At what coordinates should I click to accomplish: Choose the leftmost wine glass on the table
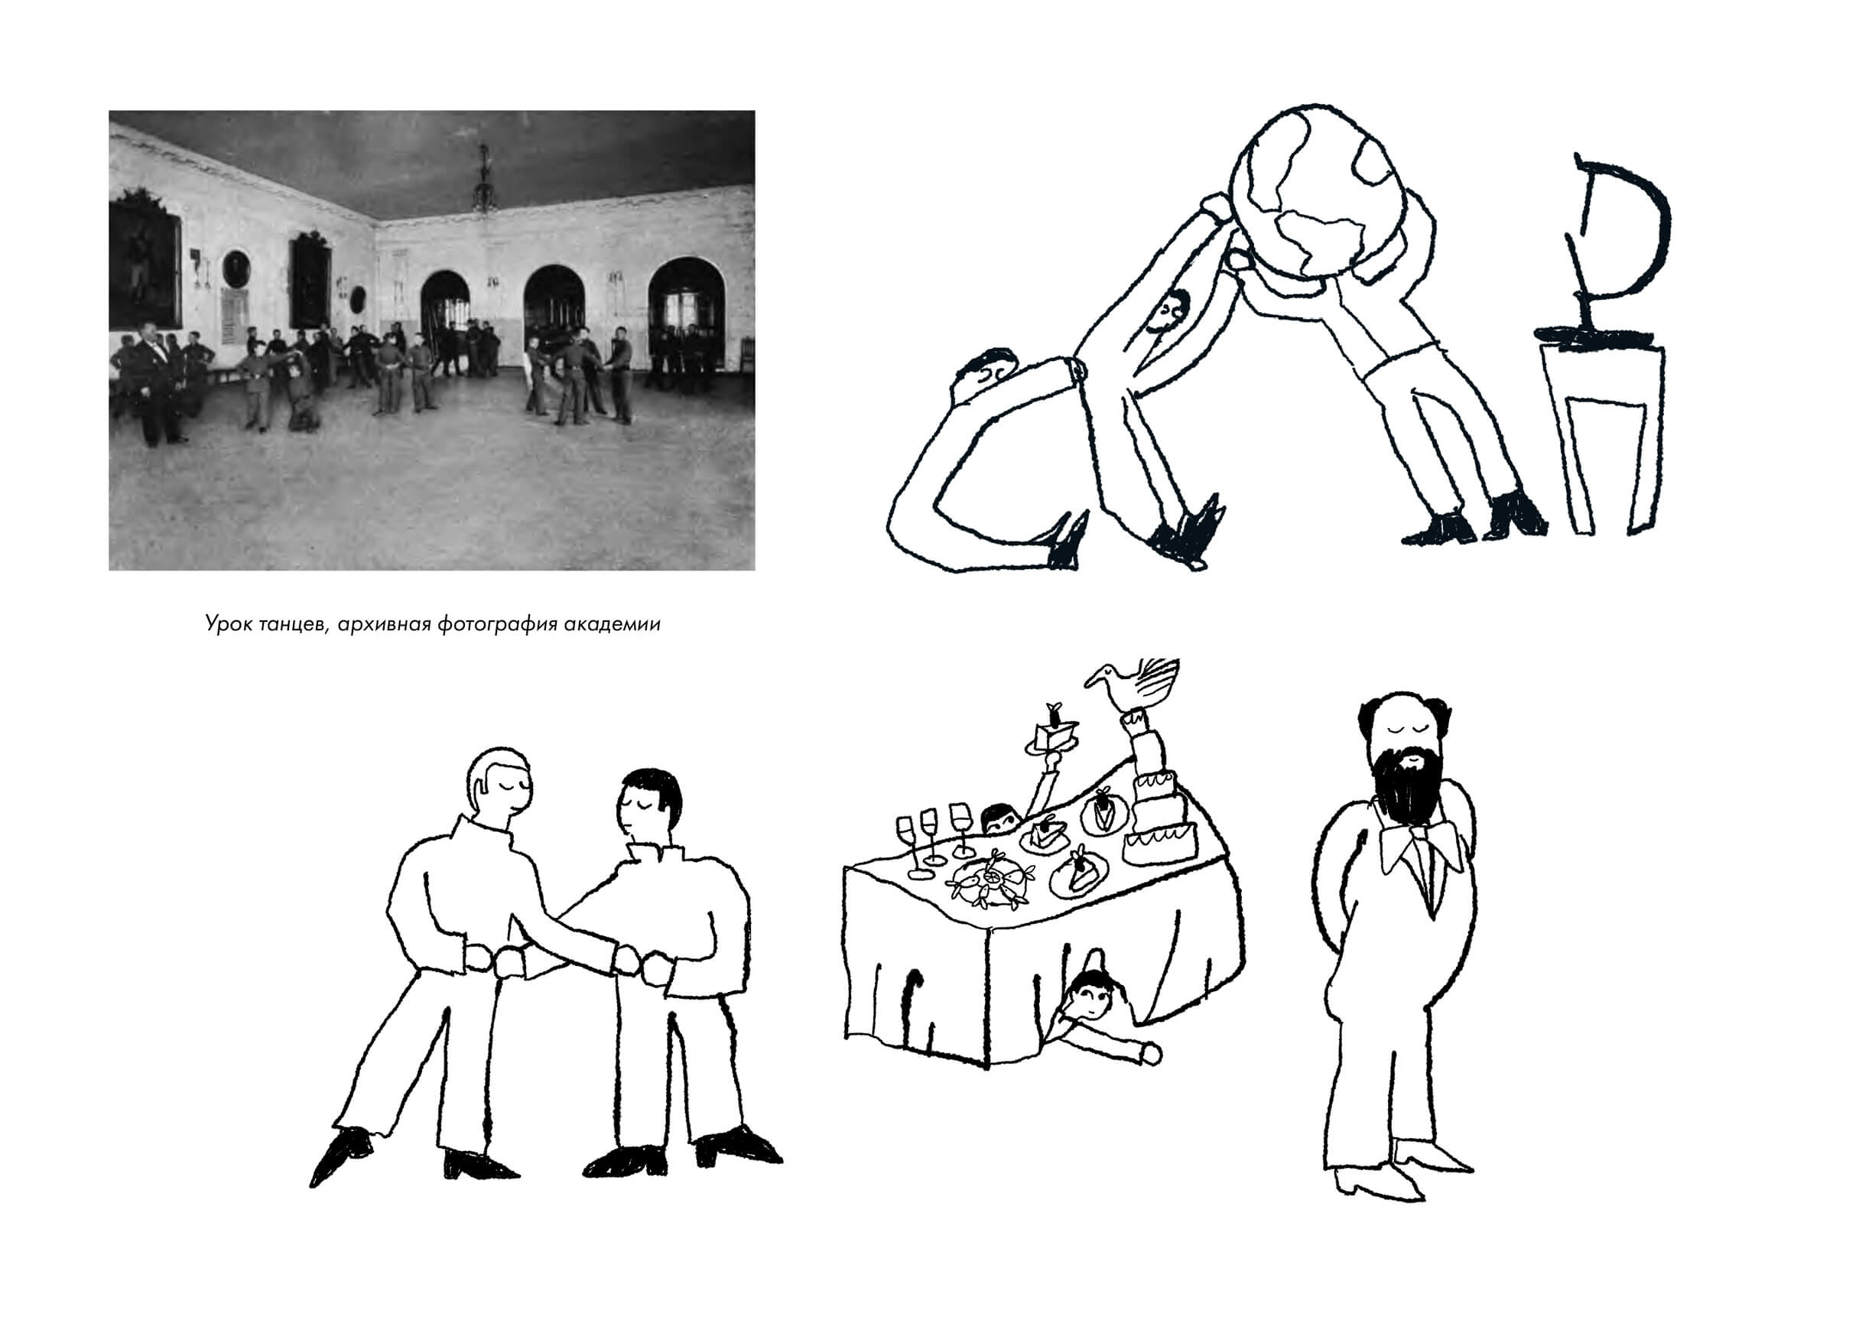point(912,847)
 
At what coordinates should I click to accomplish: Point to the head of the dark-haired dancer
point(648,805)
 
